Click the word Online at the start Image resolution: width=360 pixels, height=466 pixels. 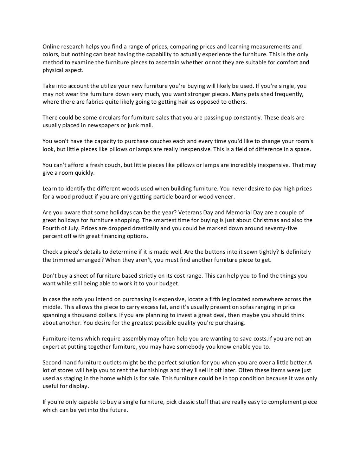51,47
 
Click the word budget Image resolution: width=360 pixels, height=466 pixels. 168,284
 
